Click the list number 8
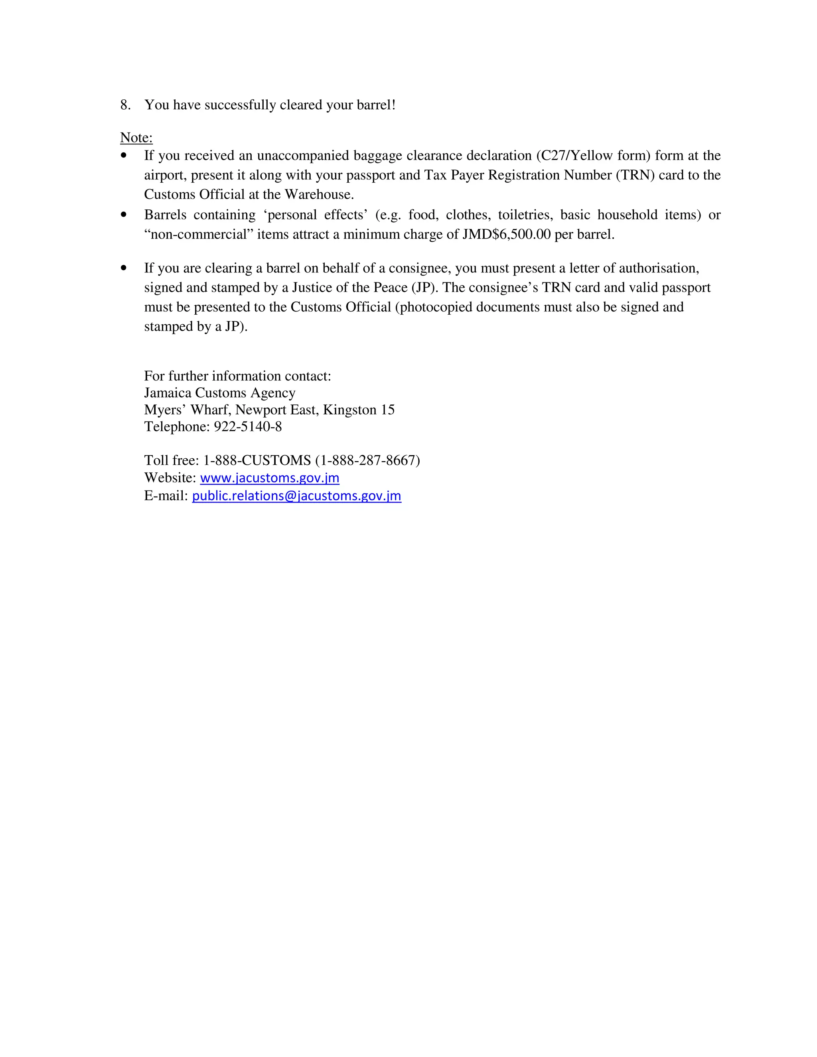pos(125,105)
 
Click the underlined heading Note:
pos(136,138)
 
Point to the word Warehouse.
pos(319,195)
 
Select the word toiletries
pos(525,215)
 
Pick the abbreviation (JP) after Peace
pos(424,288)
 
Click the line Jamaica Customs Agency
pos(220,393)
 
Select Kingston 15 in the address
pos(359,410)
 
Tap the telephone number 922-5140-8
pos(248,427)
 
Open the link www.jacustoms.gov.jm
pos(270,478)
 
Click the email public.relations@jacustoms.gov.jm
pos(296,496)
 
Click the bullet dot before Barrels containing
pos(124,215)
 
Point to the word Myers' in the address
pos(165,410)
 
